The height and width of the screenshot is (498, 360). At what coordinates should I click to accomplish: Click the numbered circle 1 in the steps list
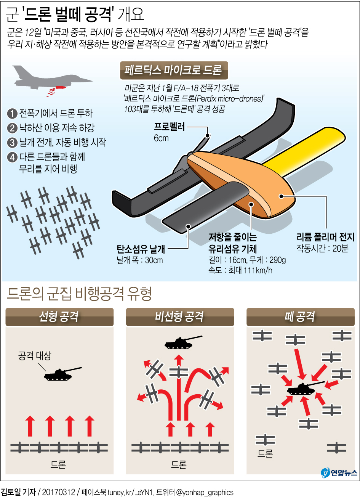pos(12,114)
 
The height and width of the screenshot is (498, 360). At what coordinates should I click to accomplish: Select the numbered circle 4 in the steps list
pos(12,157)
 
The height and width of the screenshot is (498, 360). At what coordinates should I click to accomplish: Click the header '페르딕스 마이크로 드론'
pos(174,70)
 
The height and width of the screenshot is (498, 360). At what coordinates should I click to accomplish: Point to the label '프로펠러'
pos(169,127)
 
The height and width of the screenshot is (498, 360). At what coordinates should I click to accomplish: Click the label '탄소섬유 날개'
pos(141,249)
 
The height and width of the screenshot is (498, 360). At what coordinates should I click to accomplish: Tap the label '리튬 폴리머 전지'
pos(325,237)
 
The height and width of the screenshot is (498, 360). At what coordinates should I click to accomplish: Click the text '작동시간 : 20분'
pos(322,248)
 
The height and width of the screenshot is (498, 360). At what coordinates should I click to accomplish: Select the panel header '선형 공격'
pos(59,317)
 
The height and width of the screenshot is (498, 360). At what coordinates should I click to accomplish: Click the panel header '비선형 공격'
pos(180,317)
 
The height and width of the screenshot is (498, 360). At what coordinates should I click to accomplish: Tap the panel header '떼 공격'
pos(301,317)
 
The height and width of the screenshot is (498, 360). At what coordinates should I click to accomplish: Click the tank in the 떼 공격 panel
pos(304,389)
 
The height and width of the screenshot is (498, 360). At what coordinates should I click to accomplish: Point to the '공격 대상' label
pos(35,356)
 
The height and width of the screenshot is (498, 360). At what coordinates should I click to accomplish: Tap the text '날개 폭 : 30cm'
pos(140,260)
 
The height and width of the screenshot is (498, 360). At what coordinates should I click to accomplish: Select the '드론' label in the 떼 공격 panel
pos(265,453)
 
